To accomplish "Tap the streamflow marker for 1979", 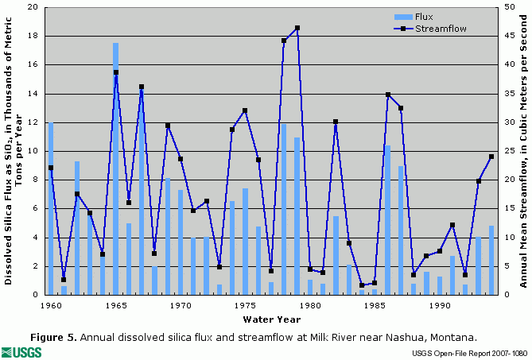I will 297,28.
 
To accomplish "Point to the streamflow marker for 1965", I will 115,72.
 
